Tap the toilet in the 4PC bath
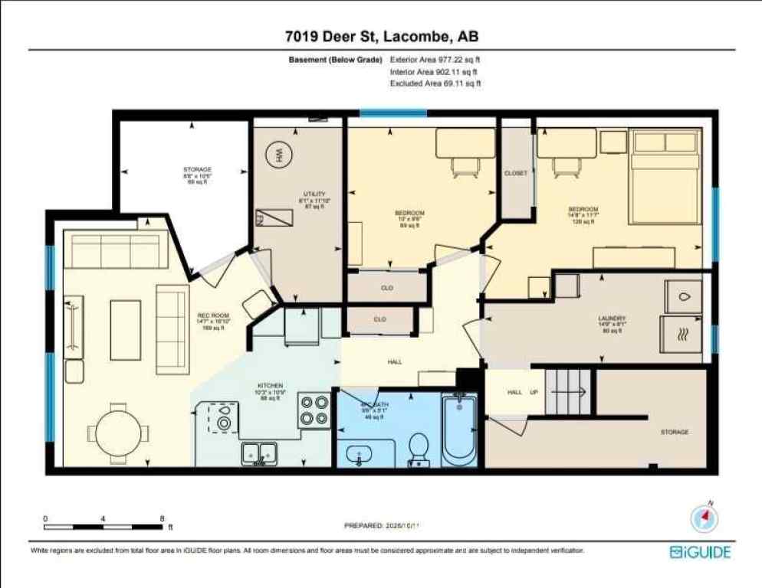pos(418,449)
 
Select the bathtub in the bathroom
pos(459,428)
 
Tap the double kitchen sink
pos(260,454)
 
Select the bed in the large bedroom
pos(664,177)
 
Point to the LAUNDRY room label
pos(612,319)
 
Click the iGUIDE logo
pos(700,552)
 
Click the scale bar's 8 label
pos(163,518)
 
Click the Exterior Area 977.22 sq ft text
pos(435,59)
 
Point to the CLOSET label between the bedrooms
pos(516,174)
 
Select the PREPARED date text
pos(380,526)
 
